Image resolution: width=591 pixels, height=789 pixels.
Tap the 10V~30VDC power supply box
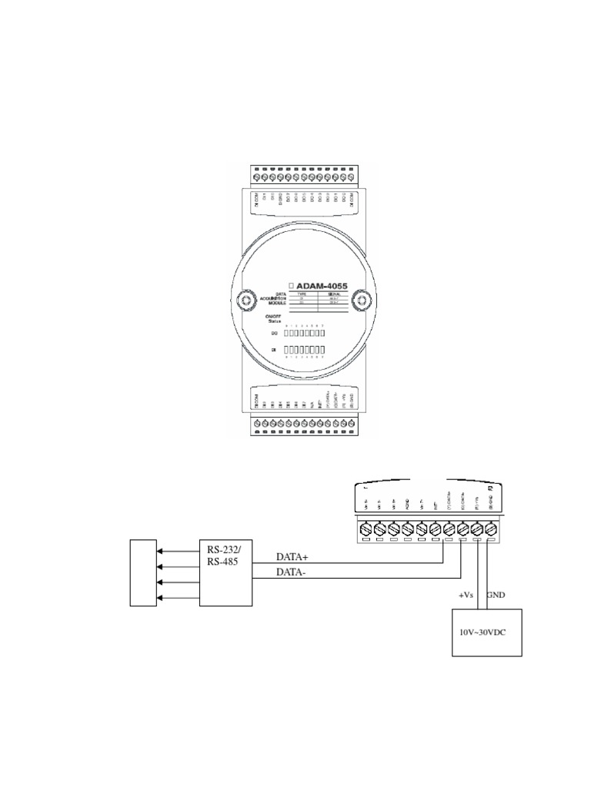click(x=486, y=632)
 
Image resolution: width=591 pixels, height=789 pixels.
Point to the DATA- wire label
click(x=292, y=573)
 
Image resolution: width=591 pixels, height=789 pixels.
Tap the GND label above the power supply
click(x=497, y=595)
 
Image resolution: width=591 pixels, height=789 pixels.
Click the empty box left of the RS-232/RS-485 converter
click(x=143, y=573)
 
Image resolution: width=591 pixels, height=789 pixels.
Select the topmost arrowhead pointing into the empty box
click(x=159, y=552)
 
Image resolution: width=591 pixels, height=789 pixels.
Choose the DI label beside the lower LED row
click(x=274, y=351)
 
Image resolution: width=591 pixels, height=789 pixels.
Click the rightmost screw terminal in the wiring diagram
click(x=497, y=530)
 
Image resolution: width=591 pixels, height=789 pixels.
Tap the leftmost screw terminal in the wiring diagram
click(x=366, y=530)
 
